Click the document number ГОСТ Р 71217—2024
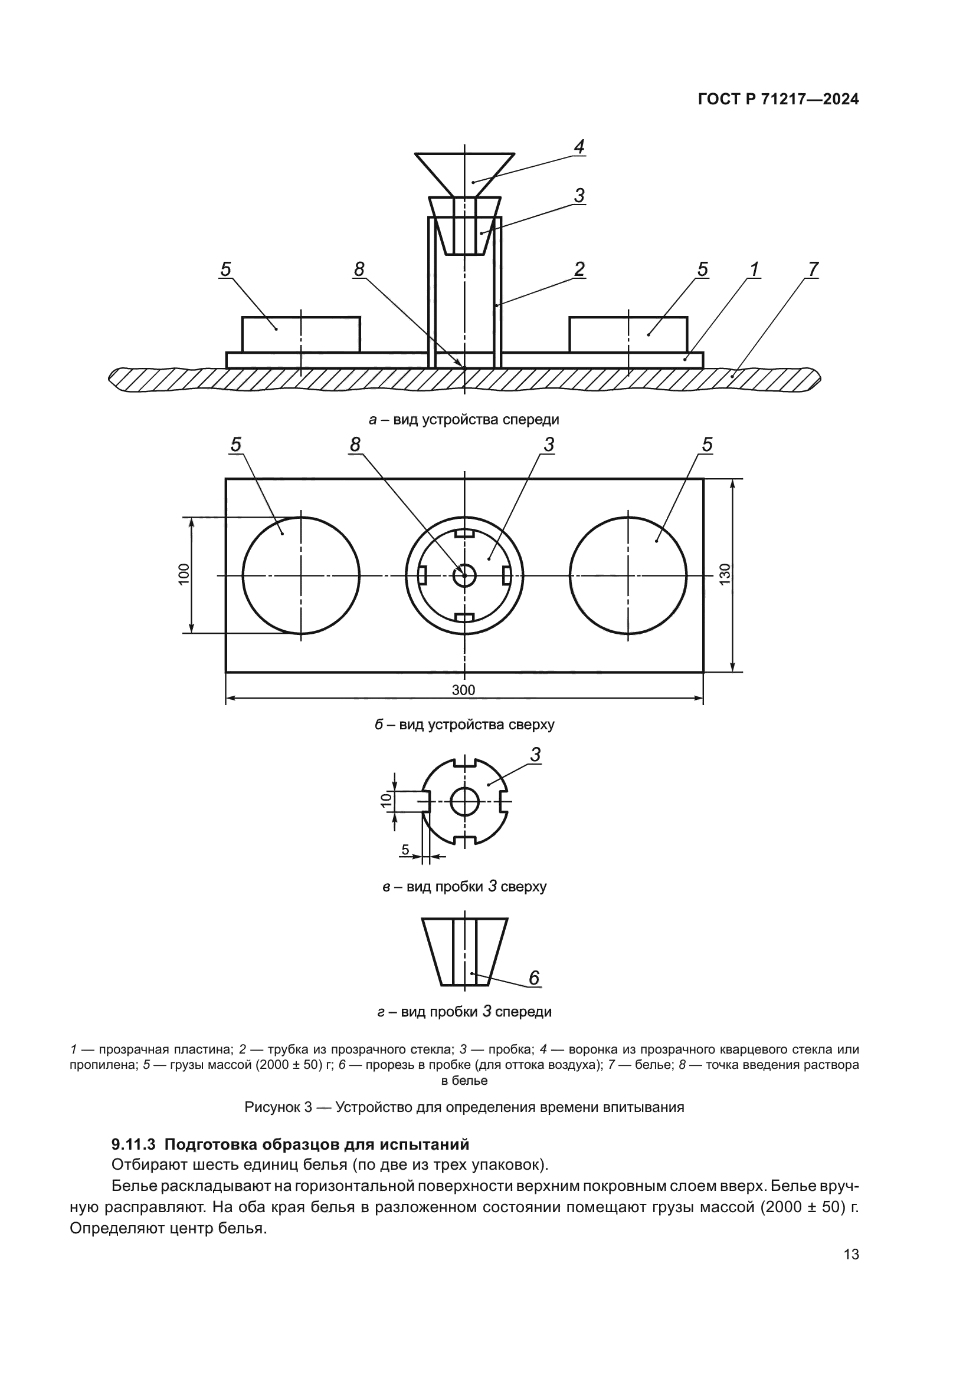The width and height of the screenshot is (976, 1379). pyautogui.click(x=778, y=100)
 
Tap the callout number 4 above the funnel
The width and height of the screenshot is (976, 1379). pyautogui.click(x=579, y=147)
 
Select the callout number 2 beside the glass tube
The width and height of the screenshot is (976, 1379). pyautogui.click(x=579, y=268)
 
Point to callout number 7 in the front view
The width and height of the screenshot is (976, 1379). pyautogui.click(x=813, y=269)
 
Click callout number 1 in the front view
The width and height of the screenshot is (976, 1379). pyautogui.click(x=754, y=269)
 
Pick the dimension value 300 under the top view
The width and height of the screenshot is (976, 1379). pyautogui.click(x=463, y=690)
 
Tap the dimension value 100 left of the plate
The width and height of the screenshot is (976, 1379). pyautogui.click(x=184, y=574)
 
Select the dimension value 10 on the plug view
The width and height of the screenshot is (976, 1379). pyautogui.click(x=387, y=799)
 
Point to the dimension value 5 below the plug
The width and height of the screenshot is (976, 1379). pyautogui.click(x=405, y=850)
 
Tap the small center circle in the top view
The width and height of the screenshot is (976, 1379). pyautogui.click(x=464, y=575)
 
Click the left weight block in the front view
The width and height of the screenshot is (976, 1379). pyautogui.click(x=301, y=334)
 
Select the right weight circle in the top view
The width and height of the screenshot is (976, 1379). pyautogui.click(x=628, y=575)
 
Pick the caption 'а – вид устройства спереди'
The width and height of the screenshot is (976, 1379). pyautogui.click(x=464, y=419)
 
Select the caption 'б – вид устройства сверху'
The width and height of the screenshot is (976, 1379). pyautogui.click(x=464, y=725)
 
